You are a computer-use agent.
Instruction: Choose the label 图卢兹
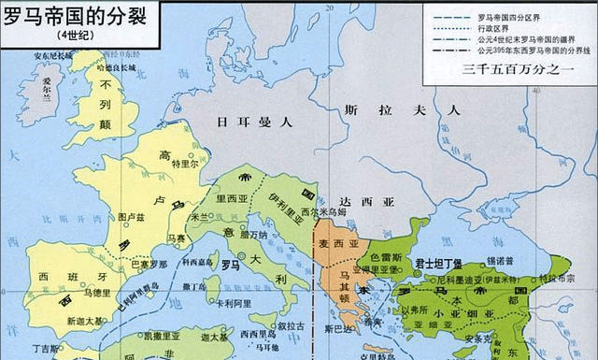(132, 217)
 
